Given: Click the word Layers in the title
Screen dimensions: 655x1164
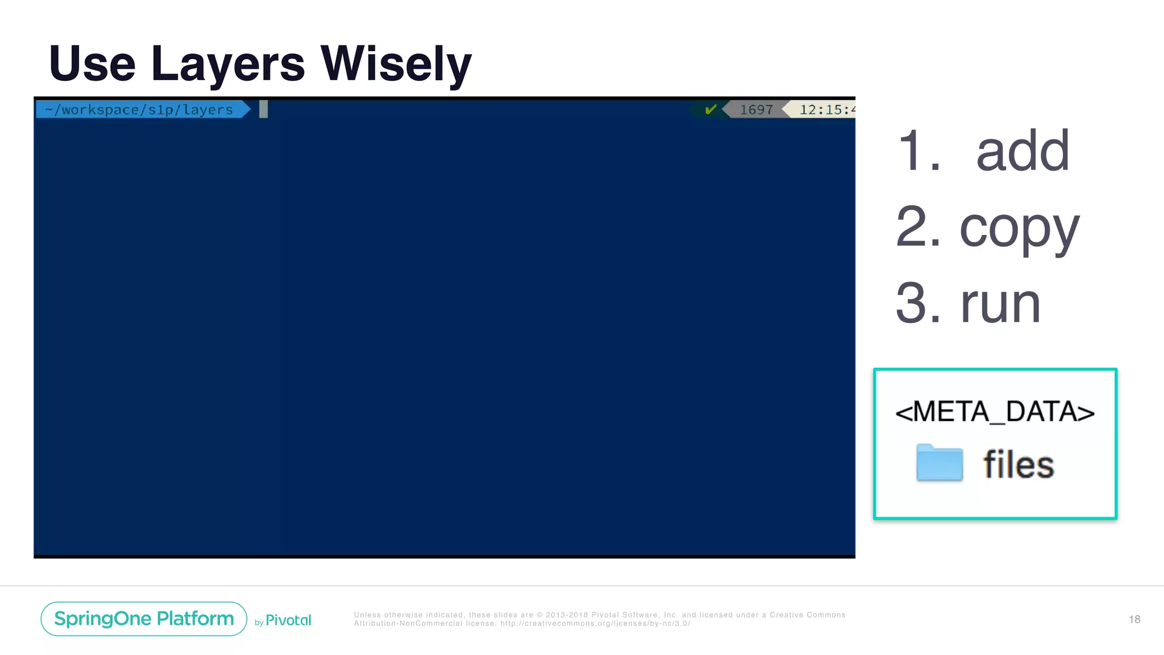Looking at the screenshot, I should click(x=228, y=64).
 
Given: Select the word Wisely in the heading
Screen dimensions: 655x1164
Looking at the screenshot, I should click(x=396, y=64).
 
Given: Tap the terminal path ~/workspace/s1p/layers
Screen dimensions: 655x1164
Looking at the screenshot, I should click(x=139, y=110).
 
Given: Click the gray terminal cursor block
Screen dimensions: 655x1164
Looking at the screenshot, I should click(x=263, y=109).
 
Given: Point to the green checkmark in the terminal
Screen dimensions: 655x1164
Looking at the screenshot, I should click(x=710, y=109).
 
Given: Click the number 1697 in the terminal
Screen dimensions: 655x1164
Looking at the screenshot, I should click(x=756, y=110).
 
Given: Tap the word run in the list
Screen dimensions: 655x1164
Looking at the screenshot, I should click(x=1000, y=304).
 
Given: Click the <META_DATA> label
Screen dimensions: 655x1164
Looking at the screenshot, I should click(x=995, y=412).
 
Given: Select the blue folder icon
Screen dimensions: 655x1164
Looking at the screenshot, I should click(x=939, y=463).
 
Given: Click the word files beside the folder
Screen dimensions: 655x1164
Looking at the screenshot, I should click(x=1018, y=465).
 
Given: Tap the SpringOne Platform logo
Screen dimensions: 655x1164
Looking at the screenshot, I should click(x=144, y=619).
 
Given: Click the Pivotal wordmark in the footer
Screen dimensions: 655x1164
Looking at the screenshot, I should click(x=288, y=620).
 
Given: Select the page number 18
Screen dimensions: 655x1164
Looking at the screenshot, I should click(x=1134, y=619).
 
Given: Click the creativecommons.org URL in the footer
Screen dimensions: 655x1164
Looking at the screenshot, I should click(x=595, y=624).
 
